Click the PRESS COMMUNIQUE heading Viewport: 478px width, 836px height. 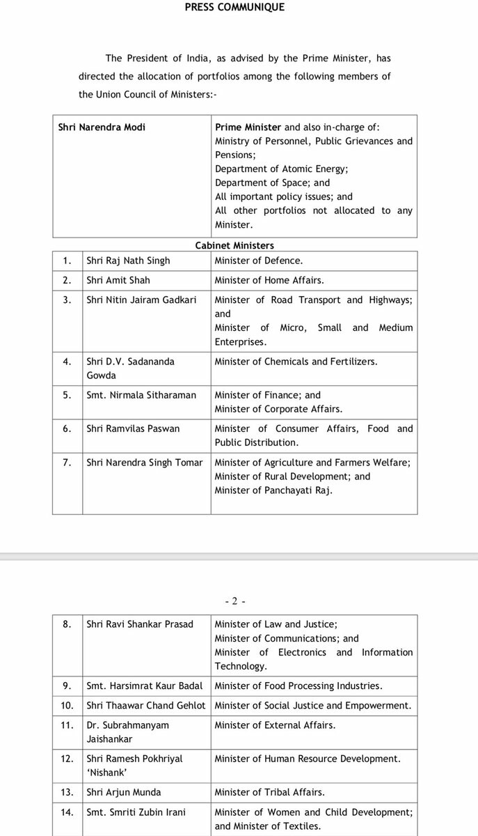[x=234, y=8]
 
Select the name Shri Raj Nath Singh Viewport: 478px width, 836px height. [x=128, y=261]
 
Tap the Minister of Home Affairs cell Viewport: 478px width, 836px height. [x=269, y=280]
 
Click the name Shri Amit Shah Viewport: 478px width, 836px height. [x=118, y=280]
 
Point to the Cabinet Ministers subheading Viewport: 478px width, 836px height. [x=234, y=245]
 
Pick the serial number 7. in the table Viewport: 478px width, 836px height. [x=67, y=462]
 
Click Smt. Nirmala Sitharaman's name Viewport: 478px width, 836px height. [x=141, y=394]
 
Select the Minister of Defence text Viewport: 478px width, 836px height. [x=259, y=261]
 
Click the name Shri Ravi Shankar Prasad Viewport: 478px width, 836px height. [x=140, y=624]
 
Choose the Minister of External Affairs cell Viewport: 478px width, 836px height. [x=275, y=725]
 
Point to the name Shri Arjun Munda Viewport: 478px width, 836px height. [x=124, y=792]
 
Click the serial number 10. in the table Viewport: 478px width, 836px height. [x=67, y=705]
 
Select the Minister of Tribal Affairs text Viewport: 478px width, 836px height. [x=269, y=792]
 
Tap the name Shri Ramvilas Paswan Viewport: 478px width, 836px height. [x=133, y=428]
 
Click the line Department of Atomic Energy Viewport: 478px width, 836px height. [x=282, y=169]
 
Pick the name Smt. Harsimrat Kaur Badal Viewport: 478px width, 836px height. [x=145, y=686]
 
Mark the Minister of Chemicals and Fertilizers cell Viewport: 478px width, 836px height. [x=296, y=361]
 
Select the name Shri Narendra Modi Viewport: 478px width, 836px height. [x=102, y=127]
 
